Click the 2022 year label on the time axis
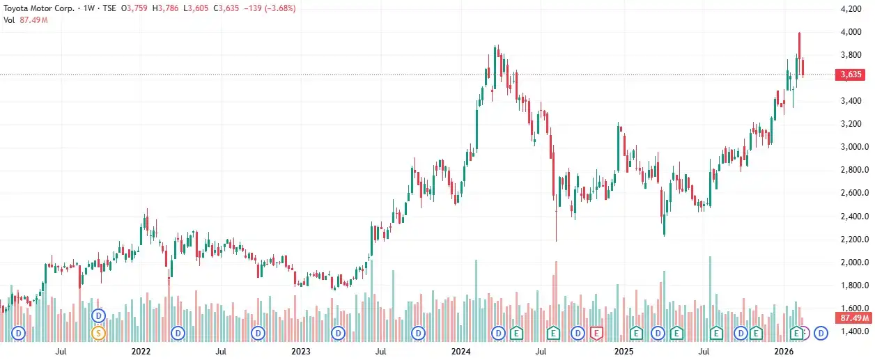[x=141, y=352]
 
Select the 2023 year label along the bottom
[x=300, y=352]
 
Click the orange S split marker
[x=98, y=333]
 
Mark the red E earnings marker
[x=596, y=333]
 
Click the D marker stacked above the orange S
[x=98, y=315]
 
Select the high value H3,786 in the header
[x=171, y=8]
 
